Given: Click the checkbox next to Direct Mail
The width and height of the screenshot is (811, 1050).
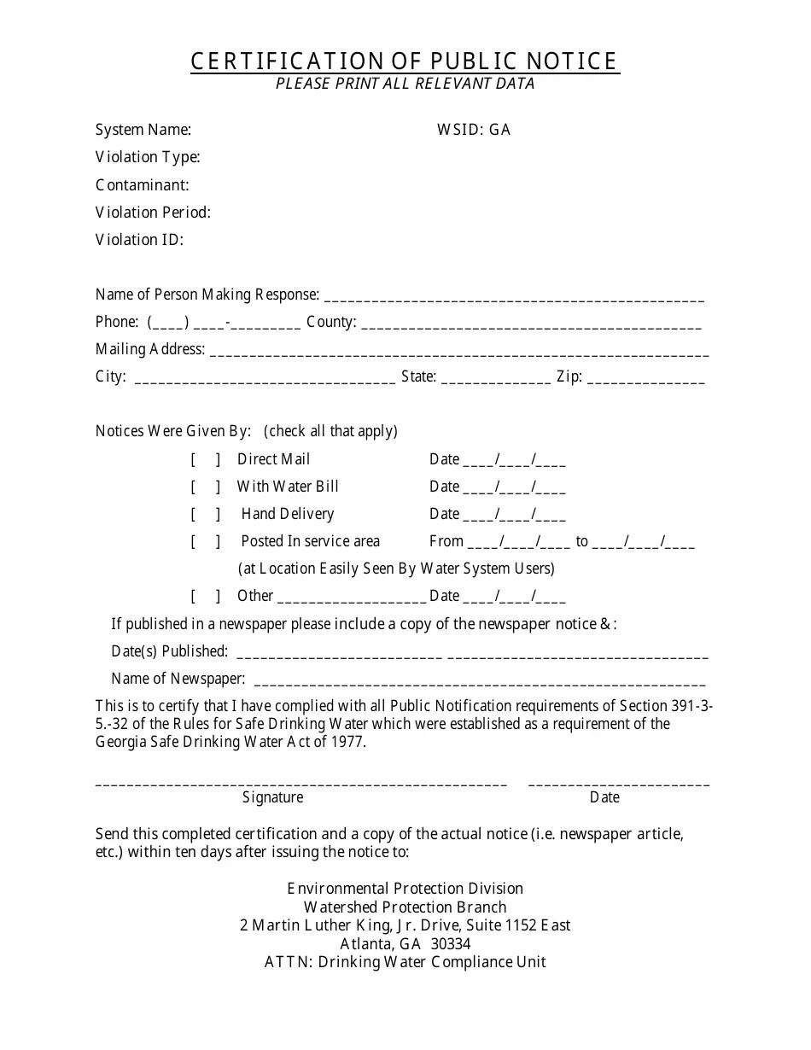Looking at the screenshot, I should click(206, 459).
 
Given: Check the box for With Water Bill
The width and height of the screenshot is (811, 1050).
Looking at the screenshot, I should click(206, 487).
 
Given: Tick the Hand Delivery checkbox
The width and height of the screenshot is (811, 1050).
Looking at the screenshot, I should click(206, 514).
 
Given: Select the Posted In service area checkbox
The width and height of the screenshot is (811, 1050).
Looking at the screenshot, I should click(206, 541).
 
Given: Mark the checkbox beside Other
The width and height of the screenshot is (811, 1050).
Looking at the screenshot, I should click(206, 596).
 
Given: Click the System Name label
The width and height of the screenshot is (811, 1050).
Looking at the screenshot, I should click(143, 130).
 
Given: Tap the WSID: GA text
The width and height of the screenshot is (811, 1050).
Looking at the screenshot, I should click(474, 130).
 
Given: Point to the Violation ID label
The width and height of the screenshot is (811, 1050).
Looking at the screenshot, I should click(139, 240).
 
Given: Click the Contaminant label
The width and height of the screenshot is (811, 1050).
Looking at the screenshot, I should click(143, 185).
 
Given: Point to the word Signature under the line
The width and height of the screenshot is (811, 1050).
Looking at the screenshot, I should click(273, 797).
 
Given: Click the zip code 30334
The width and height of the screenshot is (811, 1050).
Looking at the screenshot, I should click(451, 944).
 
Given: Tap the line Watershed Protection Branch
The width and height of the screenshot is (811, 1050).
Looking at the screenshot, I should click(405, 907).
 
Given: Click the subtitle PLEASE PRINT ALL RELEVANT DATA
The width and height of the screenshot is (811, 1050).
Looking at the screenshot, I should click(405, 84).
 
